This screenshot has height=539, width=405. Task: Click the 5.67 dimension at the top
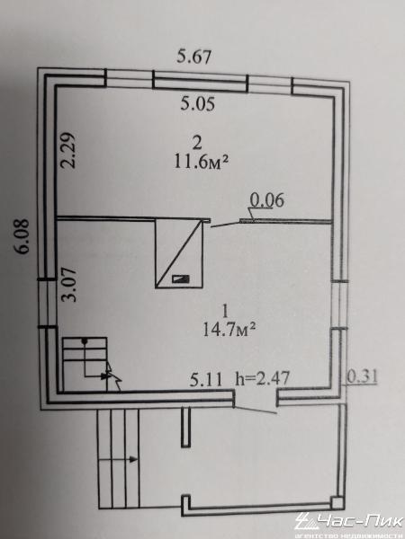pyautogui.click(x=193, y=57)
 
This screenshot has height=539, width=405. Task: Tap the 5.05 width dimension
pyautogui.click(x=198, y=103)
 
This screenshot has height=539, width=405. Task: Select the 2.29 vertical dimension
pyautogui.click(x=67, y=150)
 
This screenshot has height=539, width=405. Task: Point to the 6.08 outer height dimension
pyautogui.click(x=22, y=236)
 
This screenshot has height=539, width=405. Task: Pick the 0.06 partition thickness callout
pyautogui.click(x=267, y=200)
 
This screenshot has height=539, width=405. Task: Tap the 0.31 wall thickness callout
pyautogui.click(x=362, y=376)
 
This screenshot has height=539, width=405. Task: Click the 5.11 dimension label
pyautogui.click(x=206, y=379)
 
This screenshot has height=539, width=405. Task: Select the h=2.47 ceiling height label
pyautogui.click(x=262, y=378)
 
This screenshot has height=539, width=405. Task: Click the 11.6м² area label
pyautogui.click(x=202, y=161)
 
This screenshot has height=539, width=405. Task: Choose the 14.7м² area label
pyautogui.click(x=229, y=330)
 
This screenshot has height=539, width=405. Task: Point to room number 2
pyautogui.click(x=197, y=144)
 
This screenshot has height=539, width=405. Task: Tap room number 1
pyautogui.click(x=226, y=312)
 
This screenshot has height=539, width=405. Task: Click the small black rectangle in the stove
pyautogui.click(x=181, y=278)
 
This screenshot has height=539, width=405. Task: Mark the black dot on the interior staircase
pyautogui.click(x=84, y=341)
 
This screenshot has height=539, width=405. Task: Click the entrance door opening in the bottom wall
pyautogui.click(x=256, y=398)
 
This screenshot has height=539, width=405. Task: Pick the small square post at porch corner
pyautogui.click(x=337, y=503)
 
